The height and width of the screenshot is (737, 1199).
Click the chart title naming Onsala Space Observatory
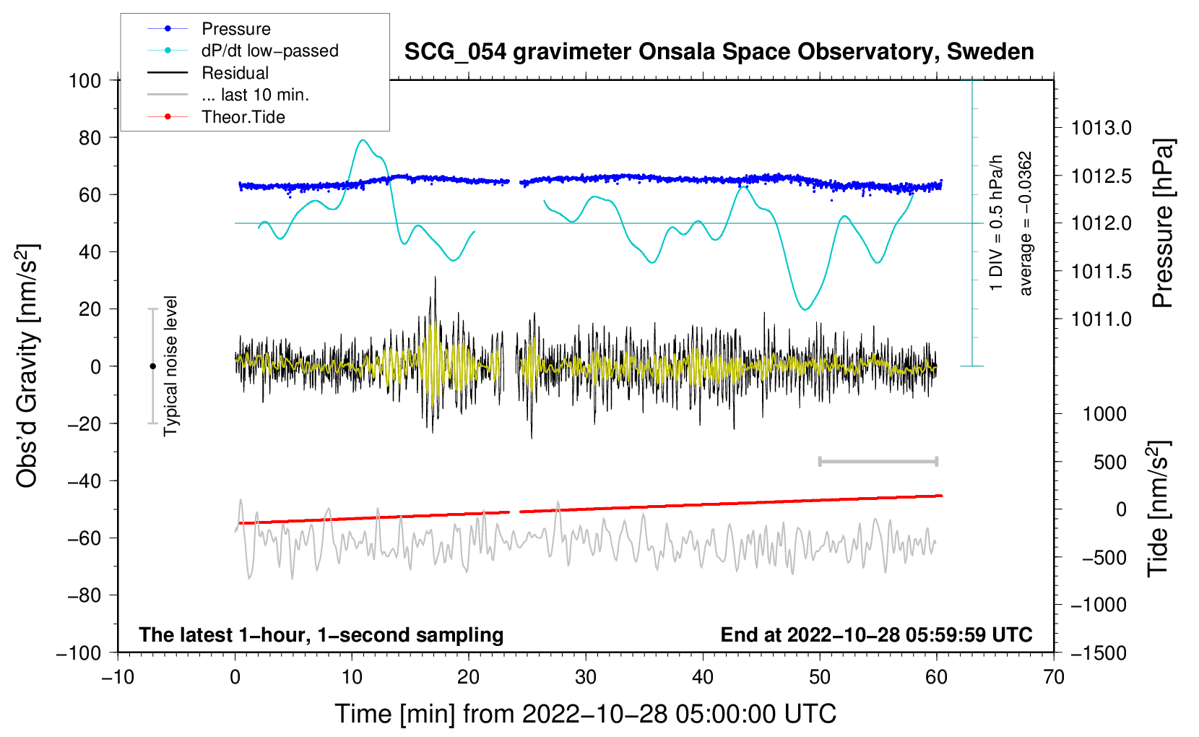[719, 52]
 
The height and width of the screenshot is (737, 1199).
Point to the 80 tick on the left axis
[90, 138]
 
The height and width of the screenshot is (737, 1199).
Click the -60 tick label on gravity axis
[84, 538]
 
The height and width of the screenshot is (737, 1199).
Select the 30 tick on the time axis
[586, 677]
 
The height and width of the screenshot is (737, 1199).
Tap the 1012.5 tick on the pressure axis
[1101, 176]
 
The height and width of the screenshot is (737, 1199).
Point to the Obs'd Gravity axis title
[28, 366]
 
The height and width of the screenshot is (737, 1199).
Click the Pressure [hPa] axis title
[1163, 223]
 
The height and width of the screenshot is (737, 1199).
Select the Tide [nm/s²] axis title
[1159, 509]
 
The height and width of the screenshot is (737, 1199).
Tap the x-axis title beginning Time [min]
[586, 714]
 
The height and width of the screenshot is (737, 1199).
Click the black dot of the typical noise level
[152, 366]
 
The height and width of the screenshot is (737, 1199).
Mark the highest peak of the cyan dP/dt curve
[363, 140]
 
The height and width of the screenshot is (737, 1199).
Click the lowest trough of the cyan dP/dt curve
[805, 309]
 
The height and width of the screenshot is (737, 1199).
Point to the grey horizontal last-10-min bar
[878, 462]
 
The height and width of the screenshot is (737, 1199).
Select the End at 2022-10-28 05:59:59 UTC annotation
[876, 634]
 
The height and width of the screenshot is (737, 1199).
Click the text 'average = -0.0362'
[1025, 223]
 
